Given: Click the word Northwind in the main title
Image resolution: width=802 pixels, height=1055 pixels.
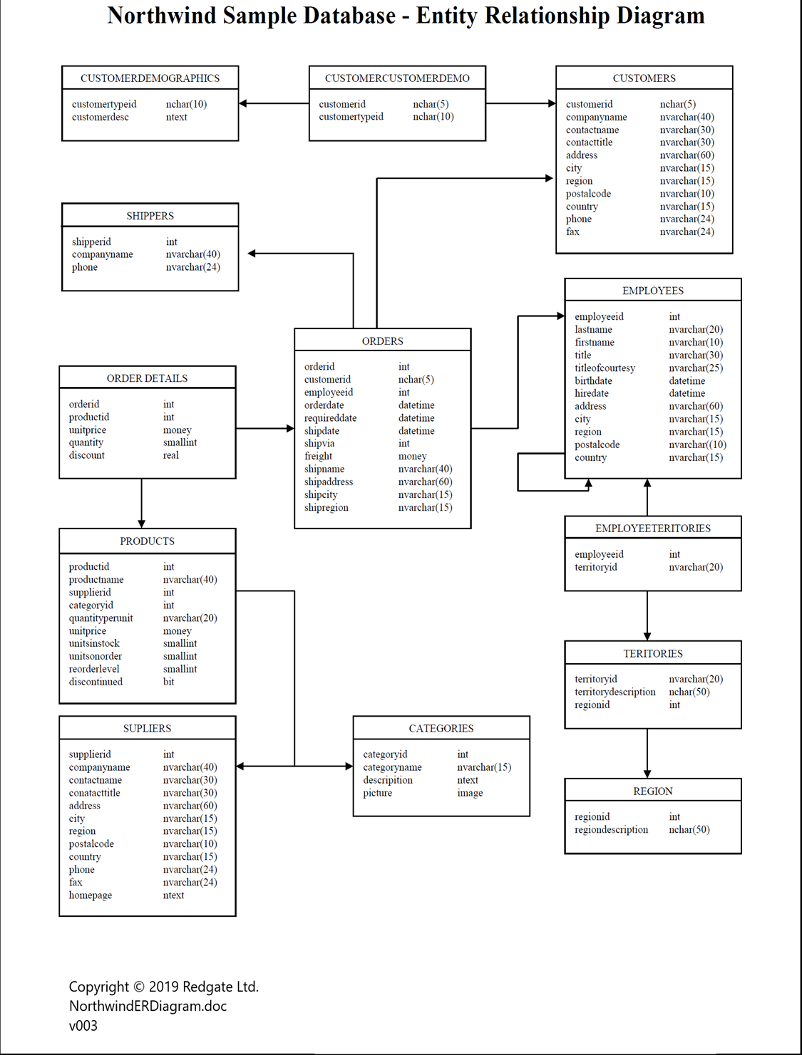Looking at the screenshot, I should coord(161,16).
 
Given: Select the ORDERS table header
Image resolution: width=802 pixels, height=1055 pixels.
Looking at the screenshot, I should coord(382,341).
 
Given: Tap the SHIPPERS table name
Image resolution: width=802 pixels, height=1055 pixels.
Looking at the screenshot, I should coord(150,216).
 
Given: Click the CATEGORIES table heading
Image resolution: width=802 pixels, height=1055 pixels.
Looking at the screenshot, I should coord(441,728).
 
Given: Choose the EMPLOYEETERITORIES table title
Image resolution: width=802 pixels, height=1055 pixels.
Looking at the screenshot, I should coord(652,529).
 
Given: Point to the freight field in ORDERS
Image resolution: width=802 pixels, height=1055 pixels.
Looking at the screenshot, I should coord(318,456).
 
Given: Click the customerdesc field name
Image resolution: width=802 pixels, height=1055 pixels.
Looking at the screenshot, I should coord(100,117).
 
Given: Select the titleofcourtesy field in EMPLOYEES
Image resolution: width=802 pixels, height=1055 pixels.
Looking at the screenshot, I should coord(605,368).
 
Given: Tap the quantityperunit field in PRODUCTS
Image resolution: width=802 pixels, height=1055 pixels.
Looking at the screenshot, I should coord(101,618).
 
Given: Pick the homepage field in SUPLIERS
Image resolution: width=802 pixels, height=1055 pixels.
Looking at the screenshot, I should coord(90,895).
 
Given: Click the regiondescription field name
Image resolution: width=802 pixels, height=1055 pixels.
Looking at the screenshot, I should coord(611,830).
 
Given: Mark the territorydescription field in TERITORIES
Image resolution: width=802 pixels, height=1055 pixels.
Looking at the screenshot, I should coord(615,692).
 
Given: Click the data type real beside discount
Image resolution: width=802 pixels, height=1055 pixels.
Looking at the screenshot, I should coord(170,455).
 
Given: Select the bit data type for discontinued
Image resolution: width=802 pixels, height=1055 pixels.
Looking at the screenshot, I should coord(168,682).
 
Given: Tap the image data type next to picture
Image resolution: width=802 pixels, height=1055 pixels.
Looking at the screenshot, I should coord(470,793).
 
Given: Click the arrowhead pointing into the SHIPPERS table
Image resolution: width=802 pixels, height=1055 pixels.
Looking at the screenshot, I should coord(252,253).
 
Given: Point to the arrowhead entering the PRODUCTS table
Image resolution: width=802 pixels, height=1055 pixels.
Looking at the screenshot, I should coord(141,524).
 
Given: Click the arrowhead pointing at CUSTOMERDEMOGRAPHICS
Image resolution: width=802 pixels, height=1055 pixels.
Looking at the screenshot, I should coord(243,103).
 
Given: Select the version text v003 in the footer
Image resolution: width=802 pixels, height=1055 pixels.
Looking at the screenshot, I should coord(83,1026).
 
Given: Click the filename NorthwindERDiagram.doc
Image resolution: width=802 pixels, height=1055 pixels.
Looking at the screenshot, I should coord(148,1006).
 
